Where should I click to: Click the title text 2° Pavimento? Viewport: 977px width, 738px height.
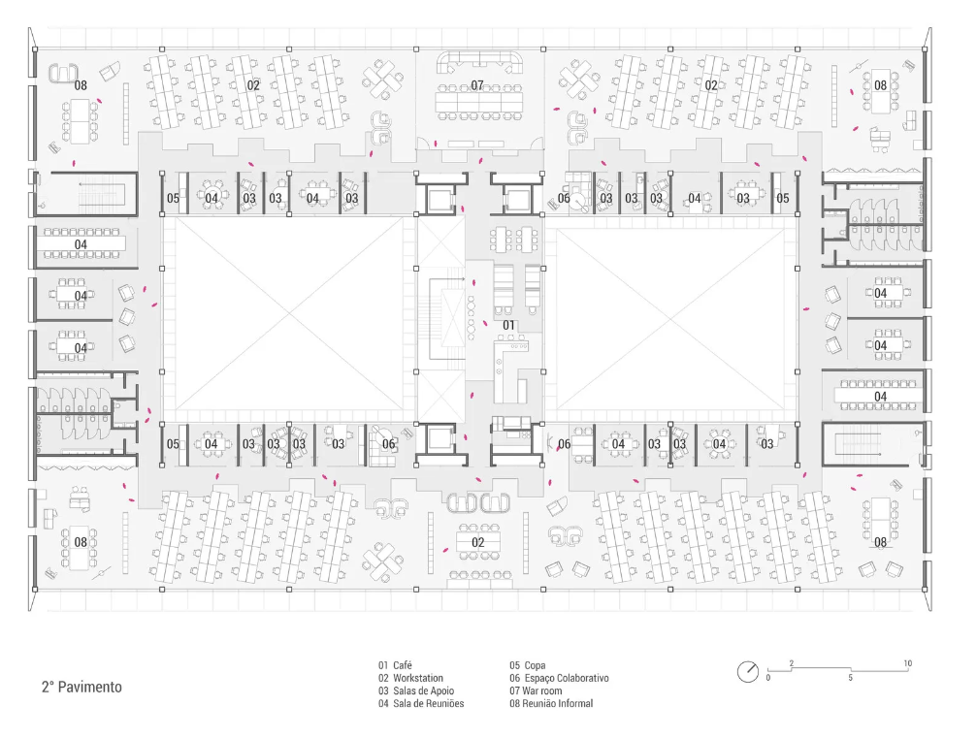pos(81,687)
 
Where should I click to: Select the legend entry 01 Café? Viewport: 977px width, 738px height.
pos(396,665)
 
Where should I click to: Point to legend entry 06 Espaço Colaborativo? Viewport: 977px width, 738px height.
pos(559,678)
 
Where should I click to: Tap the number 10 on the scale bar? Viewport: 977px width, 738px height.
pos(907,663)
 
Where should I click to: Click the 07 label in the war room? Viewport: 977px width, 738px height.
pos(477,85)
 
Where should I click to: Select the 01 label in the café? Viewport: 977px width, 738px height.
pos(508,324)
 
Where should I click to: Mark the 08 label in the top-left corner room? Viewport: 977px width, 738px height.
pos(81,85)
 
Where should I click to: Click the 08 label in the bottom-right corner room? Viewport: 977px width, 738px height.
pos(880,542)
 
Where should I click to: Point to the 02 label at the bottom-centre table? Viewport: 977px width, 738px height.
pos(477,542)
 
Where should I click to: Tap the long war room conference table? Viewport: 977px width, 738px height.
pos(477,100)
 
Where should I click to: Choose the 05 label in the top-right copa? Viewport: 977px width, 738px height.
pos(783,198)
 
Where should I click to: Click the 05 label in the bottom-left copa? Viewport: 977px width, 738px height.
pos(173,444)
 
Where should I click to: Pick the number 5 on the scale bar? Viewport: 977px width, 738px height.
pos(850,677)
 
